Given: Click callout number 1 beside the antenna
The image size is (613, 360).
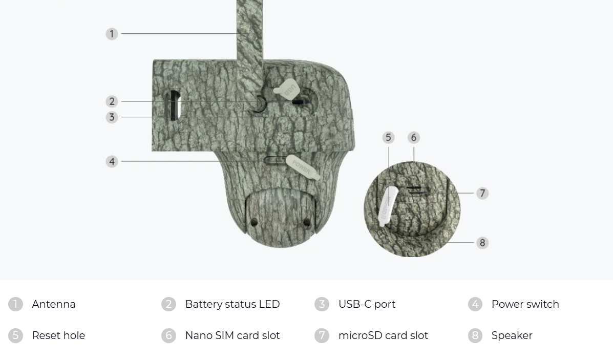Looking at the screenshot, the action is pyautogui.click(x=112, y=34).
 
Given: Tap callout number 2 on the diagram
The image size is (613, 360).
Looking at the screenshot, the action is pyautogui.click(x=112, y=101).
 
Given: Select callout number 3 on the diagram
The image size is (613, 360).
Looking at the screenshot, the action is pyautogui.click(x=112, y=117).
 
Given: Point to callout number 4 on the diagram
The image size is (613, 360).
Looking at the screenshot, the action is pyautogui.click(x=112, y=161).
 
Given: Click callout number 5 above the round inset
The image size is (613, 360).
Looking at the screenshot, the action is pyautogui.click(x=388, y=137).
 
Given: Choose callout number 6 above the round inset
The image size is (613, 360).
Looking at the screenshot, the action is pyautogui.click(x=413, y=137).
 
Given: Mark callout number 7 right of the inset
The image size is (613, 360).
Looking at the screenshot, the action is pyautogui.click(x=482, y=193).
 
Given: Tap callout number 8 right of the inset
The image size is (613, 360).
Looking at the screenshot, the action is pyautogui.click(x=482, y=243).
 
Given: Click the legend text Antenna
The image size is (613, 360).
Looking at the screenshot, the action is pyautogui.click(x=53, y=304).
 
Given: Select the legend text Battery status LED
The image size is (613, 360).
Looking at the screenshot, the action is pyautogui.click(x=232, y=304).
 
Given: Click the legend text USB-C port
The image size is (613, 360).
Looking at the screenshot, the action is pyautogui.click(x=367, y=304).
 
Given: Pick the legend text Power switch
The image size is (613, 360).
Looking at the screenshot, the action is pyautogui.click(x=525, y=304).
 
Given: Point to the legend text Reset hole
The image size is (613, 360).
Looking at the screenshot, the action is pyautogui.click(x=58, y=335).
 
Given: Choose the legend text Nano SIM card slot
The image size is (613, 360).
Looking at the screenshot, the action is pyautogui.click(x=232, y=335).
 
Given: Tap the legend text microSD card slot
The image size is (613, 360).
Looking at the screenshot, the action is pyautogui.click(x=383, y=335).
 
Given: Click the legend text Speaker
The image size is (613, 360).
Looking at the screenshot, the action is pyautogui.click(x=512, y=335).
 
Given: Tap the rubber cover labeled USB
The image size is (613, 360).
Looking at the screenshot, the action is pyautogui.click(x=288, y=90).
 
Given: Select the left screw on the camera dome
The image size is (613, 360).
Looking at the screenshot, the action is pyautogui.click(x=254, y=222).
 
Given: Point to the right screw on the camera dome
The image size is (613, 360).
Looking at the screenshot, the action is pyautogui.click(x=307, y=222).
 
